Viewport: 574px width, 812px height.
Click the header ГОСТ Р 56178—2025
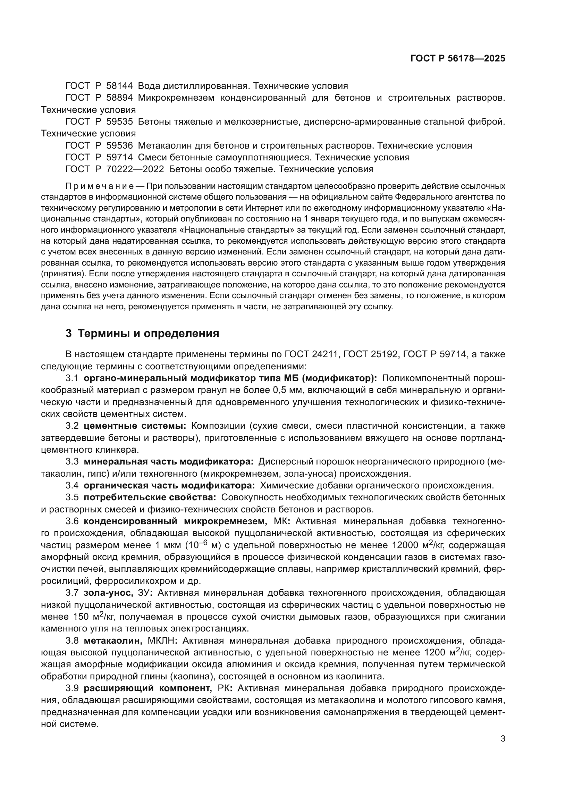point(458,59)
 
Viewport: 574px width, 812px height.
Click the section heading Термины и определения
point(148,334)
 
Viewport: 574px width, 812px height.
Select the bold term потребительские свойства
point(150,497)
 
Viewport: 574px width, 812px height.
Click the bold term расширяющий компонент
point(148,688)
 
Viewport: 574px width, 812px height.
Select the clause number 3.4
point(72,486)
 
